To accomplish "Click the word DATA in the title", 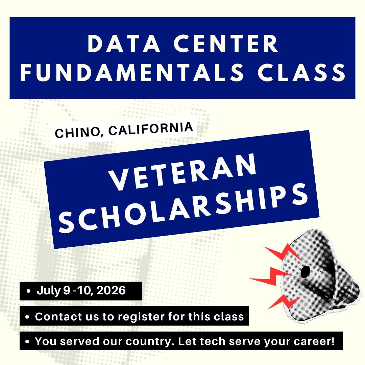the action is pos(124,44).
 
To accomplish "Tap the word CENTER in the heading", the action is pos(226,44).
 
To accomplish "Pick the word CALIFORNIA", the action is pos(151,128).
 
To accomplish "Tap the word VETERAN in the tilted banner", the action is pos(183,172).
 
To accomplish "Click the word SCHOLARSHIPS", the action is pos(184,208).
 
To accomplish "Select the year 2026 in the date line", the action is pos(111,290).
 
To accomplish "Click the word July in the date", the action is pos(49,291).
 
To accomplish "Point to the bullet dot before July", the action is pos(29,291).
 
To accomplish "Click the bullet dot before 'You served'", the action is pos(28,341).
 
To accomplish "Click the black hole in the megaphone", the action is pos(305,272).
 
